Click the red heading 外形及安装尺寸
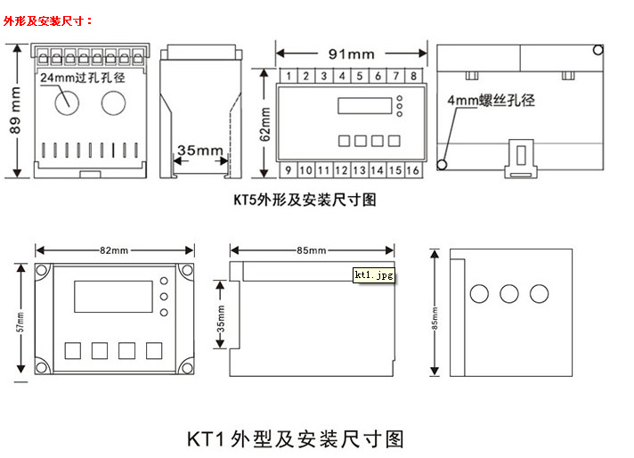tap(48, 20)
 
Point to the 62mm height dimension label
tap(265, 122)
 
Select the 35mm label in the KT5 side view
tap(199, 151)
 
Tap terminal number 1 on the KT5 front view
tap(288, 76)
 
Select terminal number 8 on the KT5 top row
tap(413, 76)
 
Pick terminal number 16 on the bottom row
tap(413, 169)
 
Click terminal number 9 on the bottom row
tap(288, 169)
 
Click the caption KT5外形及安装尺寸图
tap(305, 200)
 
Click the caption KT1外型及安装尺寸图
tap(296, 438)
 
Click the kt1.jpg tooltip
tap(373, 275)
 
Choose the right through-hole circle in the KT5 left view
tap(113, 104)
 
